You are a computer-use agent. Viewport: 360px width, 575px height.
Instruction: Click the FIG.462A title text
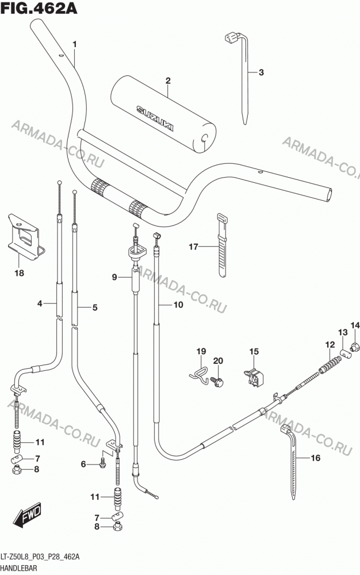click(x=39, y=9)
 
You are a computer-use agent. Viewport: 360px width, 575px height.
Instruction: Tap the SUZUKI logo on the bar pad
click(x=155, y=118)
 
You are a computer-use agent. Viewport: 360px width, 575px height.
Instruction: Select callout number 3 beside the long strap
click(x=261, y=72)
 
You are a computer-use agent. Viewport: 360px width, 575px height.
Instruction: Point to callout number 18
click(x=19, y=273)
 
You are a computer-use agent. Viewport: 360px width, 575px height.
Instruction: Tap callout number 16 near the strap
click(x=315, y=458)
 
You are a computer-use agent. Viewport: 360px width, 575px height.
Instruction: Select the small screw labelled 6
click(x=102, y=463)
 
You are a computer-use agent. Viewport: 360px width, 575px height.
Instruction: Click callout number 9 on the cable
click(x=114, y=277)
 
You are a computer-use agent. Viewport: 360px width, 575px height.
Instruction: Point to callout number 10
click(x=178, y=305)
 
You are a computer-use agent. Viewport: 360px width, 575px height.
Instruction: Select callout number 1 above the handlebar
click(x=75, y=44)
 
